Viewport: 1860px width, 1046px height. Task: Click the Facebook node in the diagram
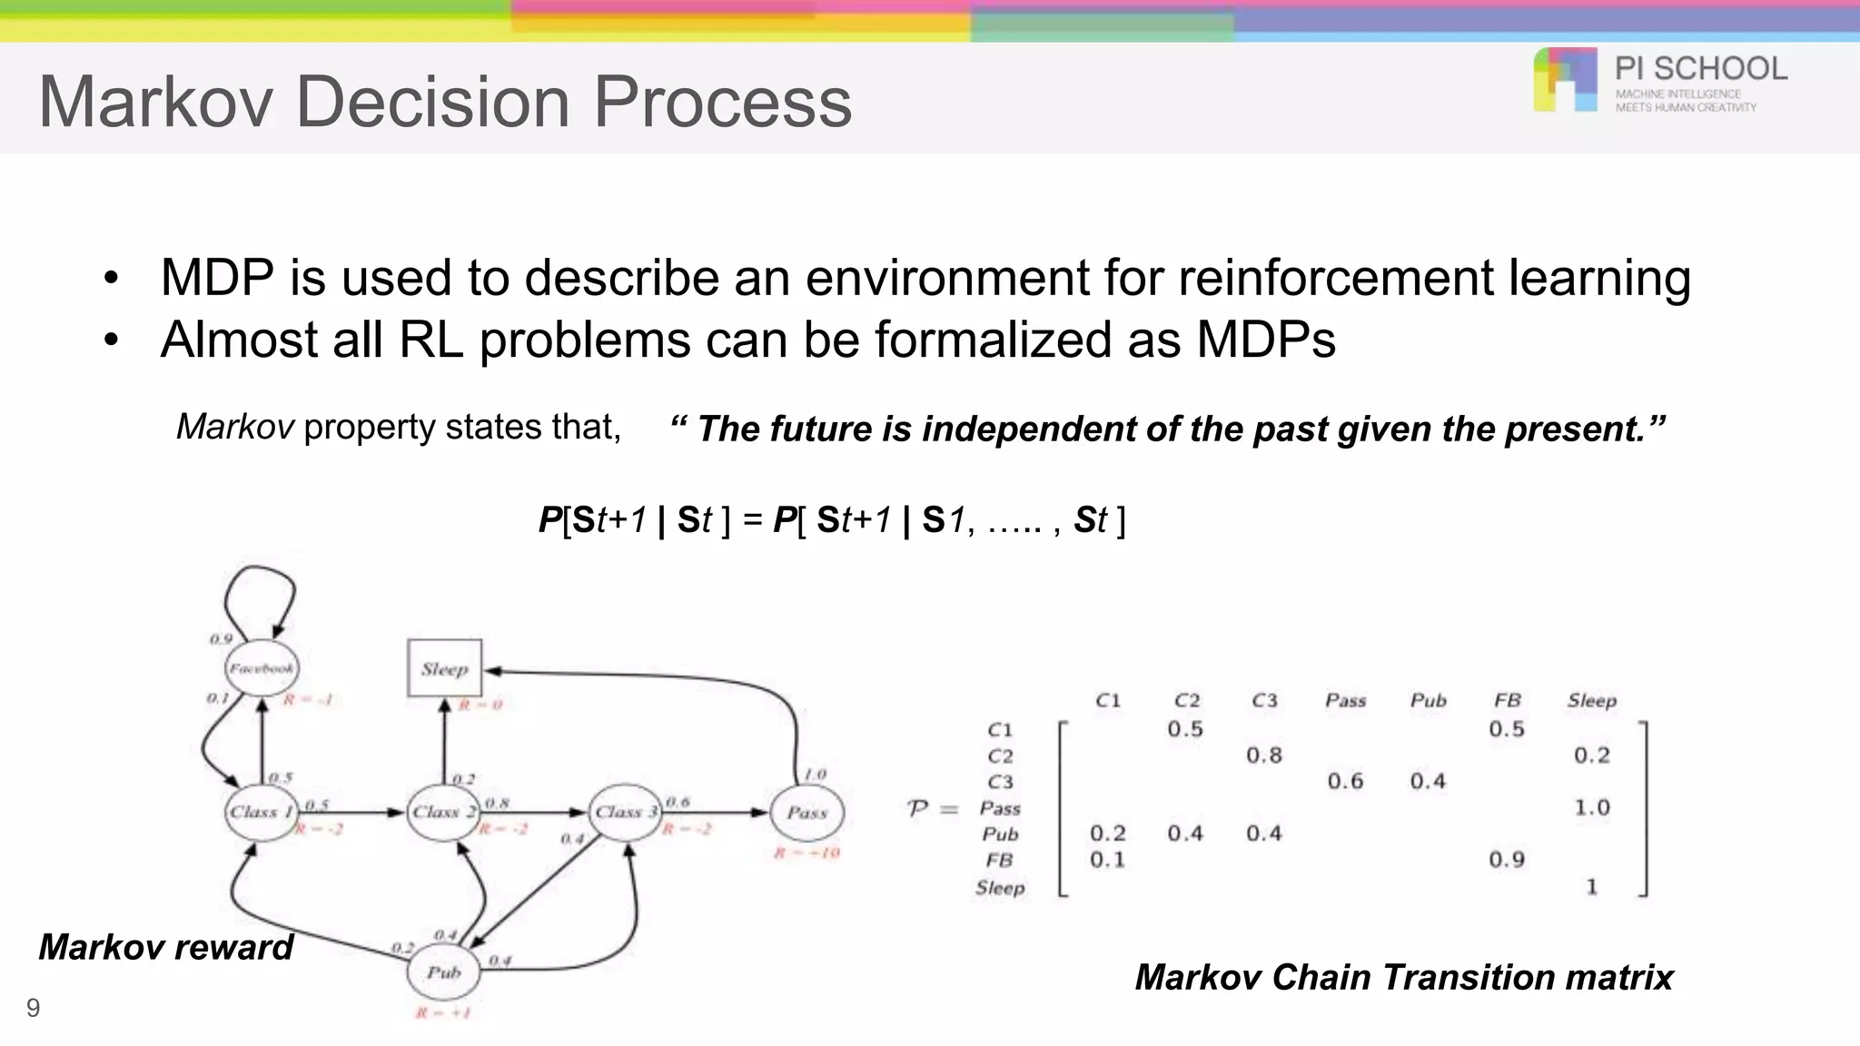[x=262, y=668]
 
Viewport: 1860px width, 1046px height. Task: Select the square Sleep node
[x=444, y=668]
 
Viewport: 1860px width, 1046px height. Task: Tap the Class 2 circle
[x=443, y=812]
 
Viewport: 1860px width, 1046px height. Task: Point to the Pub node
[x=443, y=972]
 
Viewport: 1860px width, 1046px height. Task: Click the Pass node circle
[x=806, y=812]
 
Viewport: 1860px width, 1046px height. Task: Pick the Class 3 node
[x=626, y=812]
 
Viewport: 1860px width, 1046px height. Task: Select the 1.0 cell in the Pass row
[x=1591, y=807]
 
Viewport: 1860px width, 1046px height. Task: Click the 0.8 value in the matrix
[x=1263, y=755]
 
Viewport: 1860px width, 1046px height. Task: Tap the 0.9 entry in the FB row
[x=1506, y=859]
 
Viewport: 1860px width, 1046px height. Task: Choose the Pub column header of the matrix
[x=1428, y=700]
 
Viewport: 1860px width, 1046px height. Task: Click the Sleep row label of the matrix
[x=1000, y=887]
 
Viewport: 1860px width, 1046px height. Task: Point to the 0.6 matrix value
[x=1345, y=781]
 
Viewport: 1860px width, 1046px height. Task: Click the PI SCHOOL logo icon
[x=1565, y=80]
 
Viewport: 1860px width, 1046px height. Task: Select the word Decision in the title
[x=435, y=102]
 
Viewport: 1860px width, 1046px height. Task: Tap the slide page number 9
[x=33, y=1008]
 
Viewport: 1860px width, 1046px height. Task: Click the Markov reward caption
[x=165, y=947]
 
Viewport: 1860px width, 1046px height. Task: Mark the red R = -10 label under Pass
[x=806, y=853]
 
